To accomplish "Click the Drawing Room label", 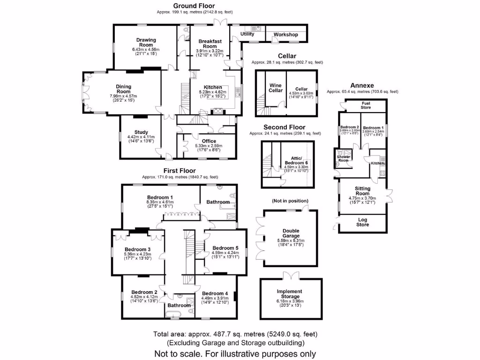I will pyautogui.click(x=146, y=43).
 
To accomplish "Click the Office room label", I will pyautogui.click(x=209, y=141).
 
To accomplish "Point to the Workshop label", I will pyautogui.click(x=286, y=35).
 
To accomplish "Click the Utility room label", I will pyautogui.click(x=247, y=34).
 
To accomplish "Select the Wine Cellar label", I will pyautogui.click(x=276, y=88).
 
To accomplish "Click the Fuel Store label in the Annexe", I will pyautogui.click(x=366, y=105).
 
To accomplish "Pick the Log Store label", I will pyautogui.click(x=363, y=222).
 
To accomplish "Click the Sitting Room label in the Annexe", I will pyautogui.click(x=362, y=191).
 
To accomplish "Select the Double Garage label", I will pyautogui.click(x=291, y=233).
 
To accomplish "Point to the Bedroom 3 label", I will pyautogui.click(x=137, y=249).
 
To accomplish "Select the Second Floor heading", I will pyautogui.click(x=284, y=127).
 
